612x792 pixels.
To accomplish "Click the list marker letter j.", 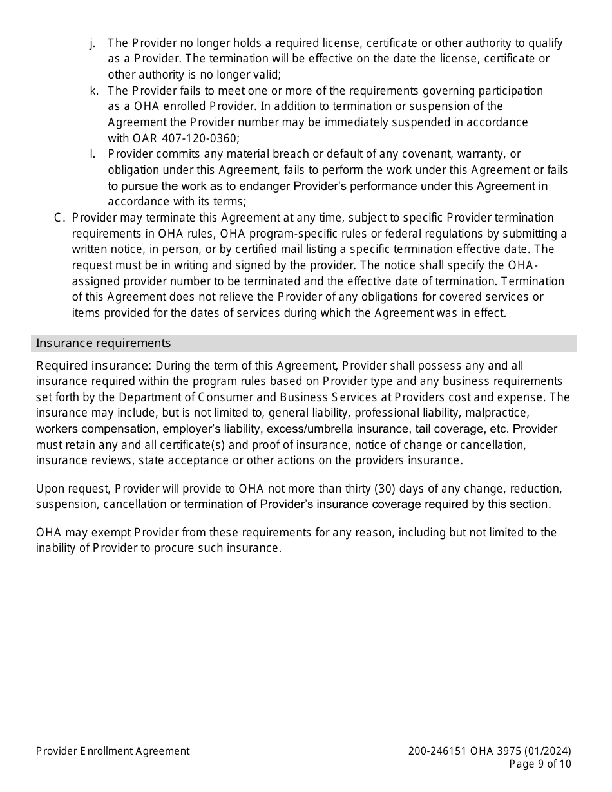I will [92, 43].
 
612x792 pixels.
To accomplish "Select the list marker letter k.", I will [93, 91].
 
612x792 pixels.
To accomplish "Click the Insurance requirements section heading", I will [103, 343].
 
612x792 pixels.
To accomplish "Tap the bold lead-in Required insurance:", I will [93, 366].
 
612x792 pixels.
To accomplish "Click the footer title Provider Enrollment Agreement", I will [113, 751].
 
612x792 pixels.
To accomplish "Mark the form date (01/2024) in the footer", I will [548, 751].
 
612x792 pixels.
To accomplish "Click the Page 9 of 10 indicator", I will [540, 764].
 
